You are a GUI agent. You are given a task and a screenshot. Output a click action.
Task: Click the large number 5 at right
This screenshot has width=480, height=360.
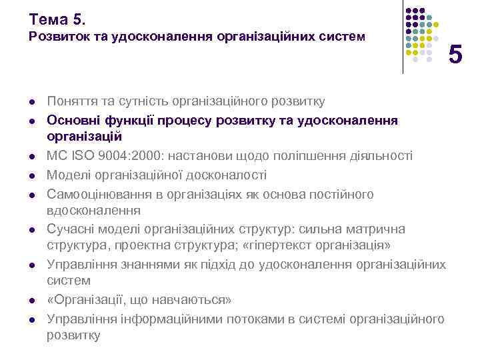455,54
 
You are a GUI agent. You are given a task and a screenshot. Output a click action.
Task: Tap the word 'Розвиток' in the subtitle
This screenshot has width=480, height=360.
56,37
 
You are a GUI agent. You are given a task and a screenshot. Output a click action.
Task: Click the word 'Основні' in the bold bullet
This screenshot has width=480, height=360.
71,119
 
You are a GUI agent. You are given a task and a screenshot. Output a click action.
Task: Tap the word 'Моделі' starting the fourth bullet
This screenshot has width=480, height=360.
67,175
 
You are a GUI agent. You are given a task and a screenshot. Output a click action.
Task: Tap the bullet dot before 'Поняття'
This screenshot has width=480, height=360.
31,103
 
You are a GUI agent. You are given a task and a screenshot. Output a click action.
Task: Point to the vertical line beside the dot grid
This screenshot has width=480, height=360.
403,37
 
